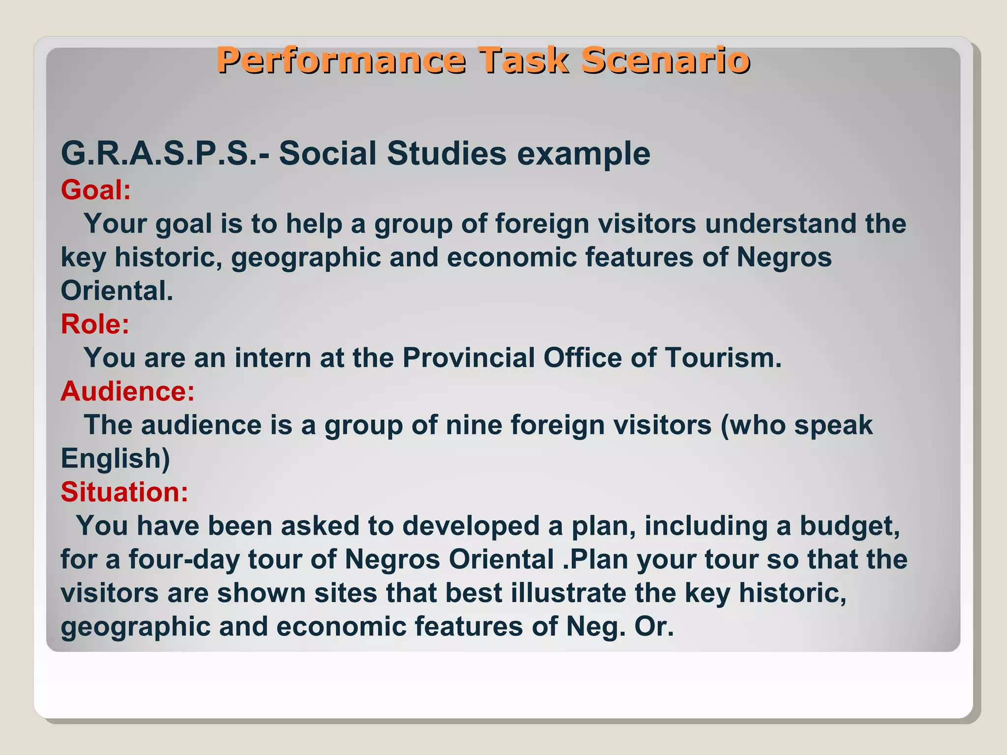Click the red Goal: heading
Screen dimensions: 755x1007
coord(96,190)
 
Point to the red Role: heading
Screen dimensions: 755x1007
coord(95,324)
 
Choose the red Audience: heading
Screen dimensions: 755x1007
coord(127,392)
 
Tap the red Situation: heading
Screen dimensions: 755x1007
coord(124,492)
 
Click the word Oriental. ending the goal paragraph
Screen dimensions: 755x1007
coord(117,291)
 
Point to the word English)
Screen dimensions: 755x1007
coord(115,459)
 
